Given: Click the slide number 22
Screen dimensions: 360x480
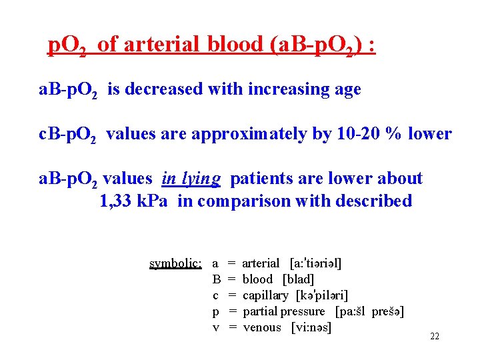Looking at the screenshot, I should point(435,336).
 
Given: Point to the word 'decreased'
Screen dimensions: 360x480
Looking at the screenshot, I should point(166,89).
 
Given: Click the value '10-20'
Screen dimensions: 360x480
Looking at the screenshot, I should point(359,134).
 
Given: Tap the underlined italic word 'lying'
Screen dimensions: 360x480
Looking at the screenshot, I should point(200,179).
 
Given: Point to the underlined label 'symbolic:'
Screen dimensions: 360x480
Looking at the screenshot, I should point(175,263).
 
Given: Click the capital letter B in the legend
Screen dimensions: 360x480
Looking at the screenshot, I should point(216,279).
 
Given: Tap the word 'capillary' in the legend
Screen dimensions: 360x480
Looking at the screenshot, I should point(266,295).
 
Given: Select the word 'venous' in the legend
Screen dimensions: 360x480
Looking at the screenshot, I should point(262,327).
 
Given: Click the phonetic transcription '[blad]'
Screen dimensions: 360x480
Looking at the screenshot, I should point(298,279).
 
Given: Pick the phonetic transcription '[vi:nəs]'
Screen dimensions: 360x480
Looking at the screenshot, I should point(312,327).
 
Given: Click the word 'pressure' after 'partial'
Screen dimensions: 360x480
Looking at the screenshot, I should point(303,311).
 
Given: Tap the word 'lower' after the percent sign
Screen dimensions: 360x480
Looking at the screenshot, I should point(431,134).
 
